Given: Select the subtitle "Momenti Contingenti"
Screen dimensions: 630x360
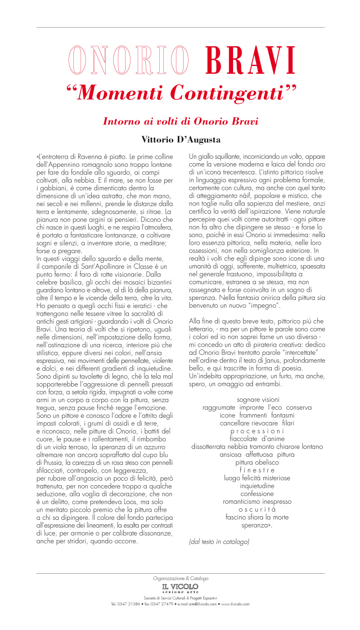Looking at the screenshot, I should coord(181,93).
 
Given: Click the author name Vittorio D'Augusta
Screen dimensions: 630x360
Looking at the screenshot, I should coord(181,140).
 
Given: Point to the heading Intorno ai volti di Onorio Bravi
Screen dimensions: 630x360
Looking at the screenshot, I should coord(180,121).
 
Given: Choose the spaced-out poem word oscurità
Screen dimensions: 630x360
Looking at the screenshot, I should coord(257,509).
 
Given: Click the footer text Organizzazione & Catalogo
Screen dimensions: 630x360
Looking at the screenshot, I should coord(180,578).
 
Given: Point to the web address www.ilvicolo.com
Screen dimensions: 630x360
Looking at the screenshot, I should coord(235,604).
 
